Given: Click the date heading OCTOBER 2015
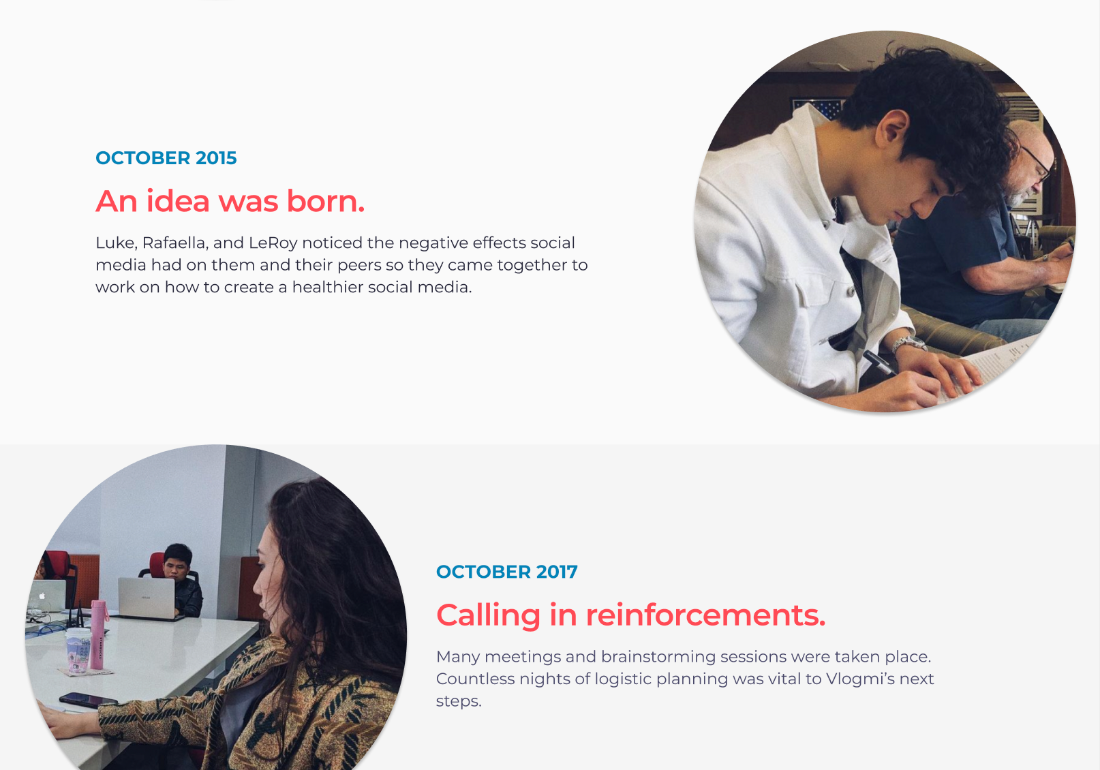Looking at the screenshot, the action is pos(166,158).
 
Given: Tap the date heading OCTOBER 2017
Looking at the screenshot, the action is pos(507,572).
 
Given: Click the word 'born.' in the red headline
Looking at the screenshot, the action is pos(326,201).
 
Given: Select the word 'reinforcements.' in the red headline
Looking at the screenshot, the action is pos(705,615).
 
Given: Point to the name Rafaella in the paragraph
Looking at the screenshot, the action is pos(173,243).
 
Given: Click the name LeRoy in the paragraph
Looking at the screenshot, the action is pos(273,243).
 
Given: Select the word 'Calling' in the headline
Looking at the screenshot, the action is pos(488,616).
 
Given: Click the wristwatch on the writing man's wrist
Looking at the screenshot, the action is pos(908,343).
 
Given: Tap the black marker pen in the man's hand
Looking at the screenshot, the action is pos(879,363).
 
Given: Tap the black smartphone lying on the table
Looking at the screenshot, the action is pos(88,700).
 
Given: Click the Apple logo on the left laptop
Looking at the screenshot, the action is pos(42,596).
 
